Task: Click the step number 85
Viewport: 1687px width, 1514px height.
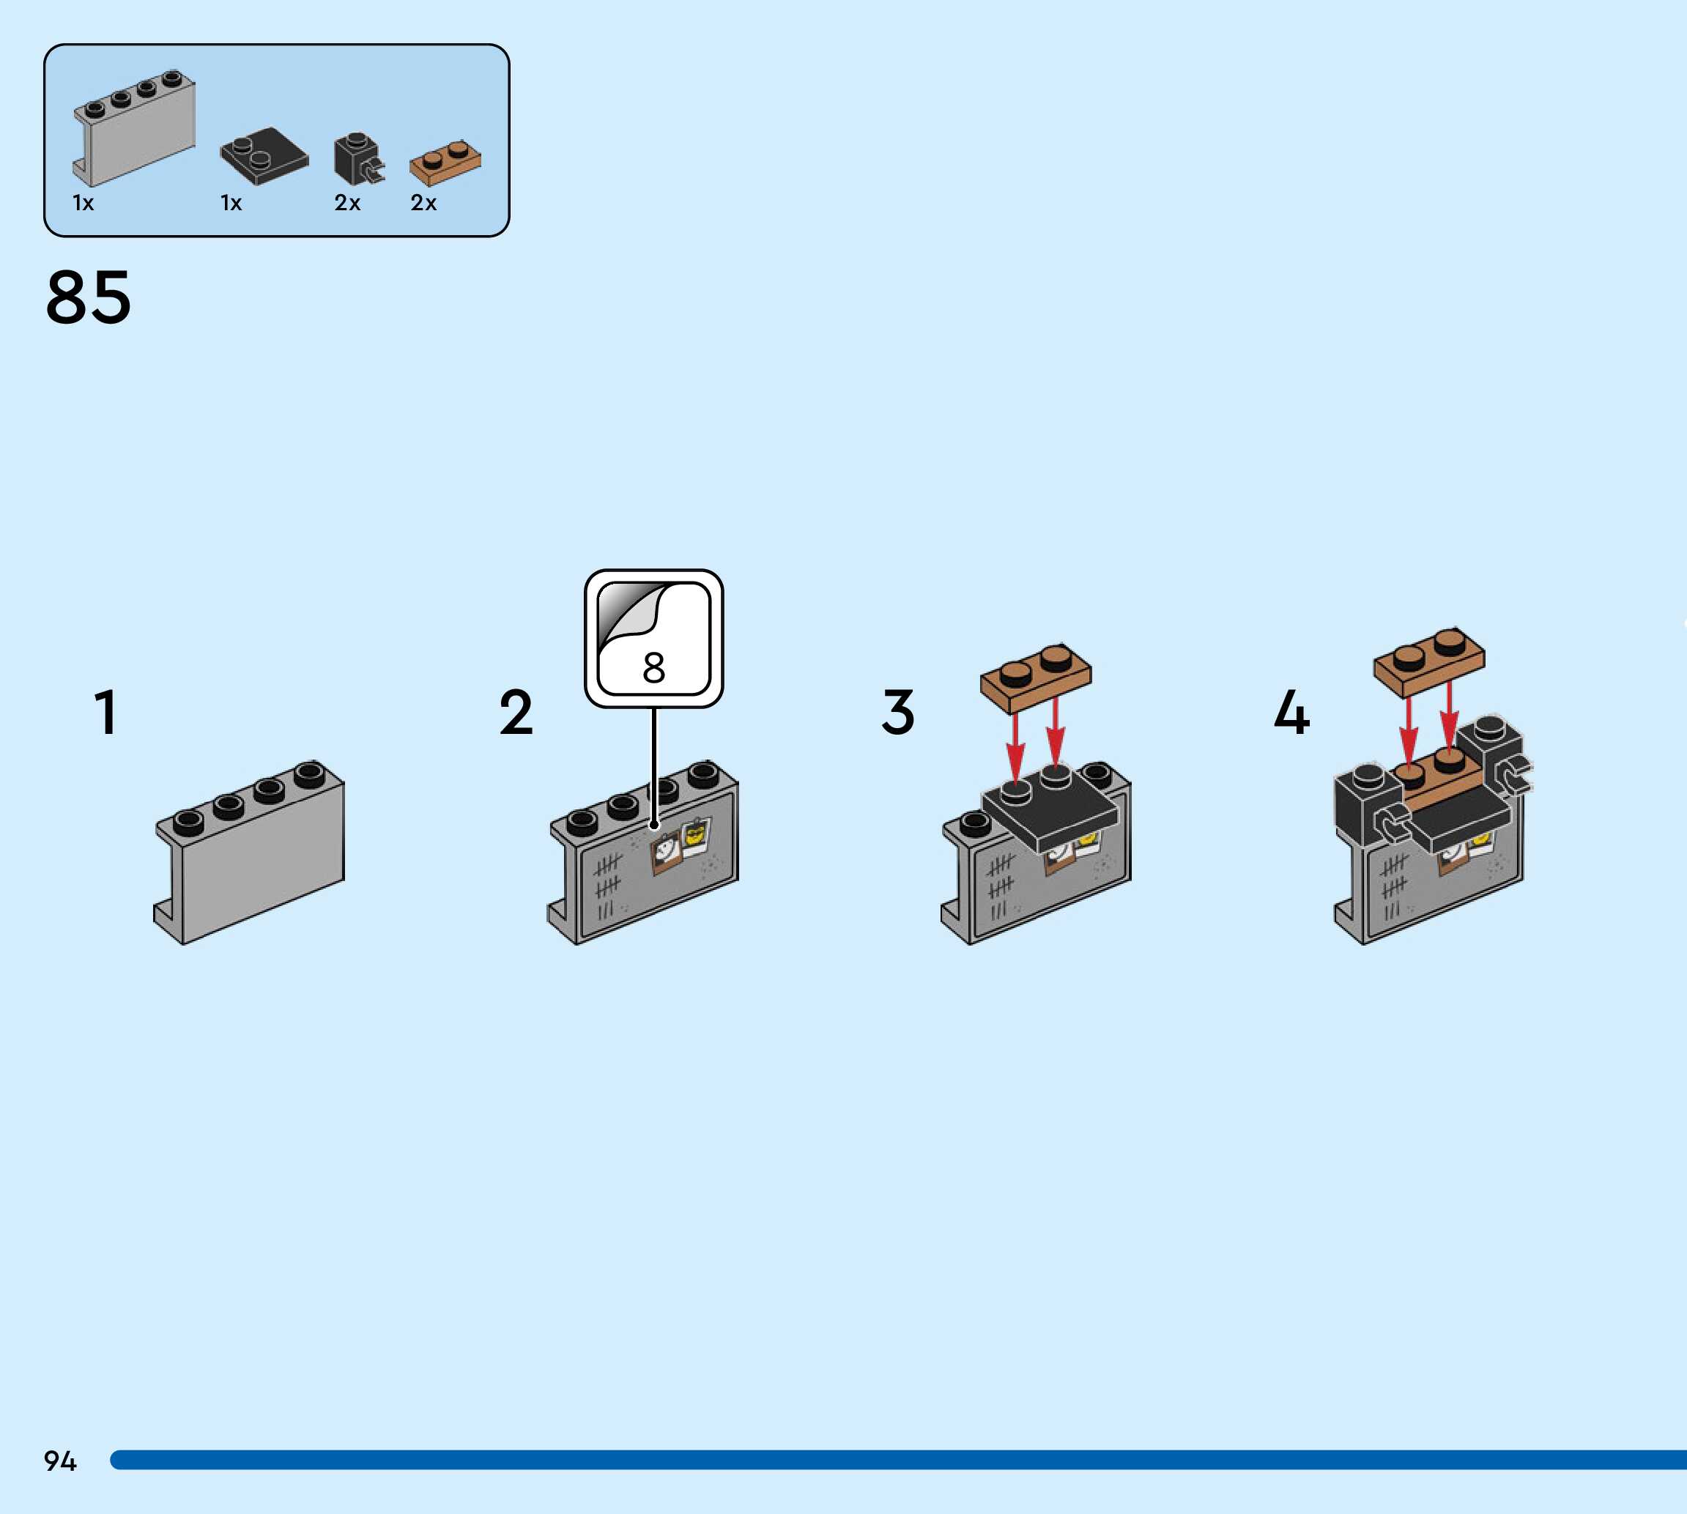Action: (x=88, y=298)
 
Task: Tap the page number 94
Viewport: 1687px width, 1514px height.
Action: (x=60, y=1460)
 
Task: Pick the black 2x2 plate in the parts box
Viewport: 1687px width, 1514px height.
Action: (x=264, y=155)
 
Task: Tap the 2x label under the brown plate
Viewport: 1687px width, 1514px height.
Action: (x=423, y=203)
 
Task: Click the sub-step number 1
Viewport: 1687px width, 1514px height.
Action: (x=105, y=712)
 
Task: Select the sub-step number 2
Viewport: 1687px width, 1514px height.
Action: (x=516, y=712)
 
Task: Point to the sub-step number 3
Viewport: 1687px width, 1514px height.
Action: (x=897, y=712)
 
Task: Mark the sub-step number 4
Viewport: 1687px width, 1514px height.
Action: (x=1291, y=712)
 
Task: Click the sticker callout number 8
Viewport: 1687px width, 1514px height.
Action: (x=654, y=667)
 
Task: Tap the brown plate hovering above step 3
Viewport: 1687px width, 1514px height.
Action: (x=1036, y=678)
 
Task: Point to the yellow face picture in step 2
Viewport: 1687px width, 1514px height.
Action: (x=694, y=834)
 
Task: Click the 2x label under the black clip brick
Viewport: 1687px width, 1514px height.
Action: (x=347, y=203)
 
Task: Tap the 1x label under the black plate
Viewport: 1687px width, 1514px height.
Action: (x=231, y=203)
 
